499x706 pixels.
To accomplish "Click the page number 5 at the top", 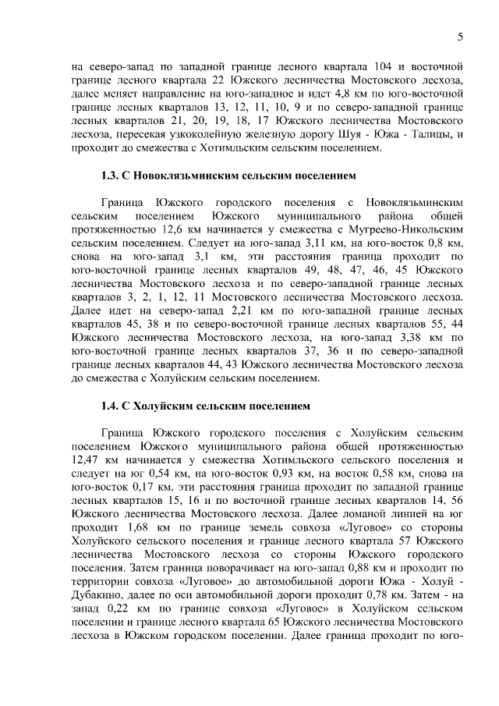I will (460, 37).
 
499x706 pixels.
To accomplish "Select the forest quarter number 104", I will (362, 66).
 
